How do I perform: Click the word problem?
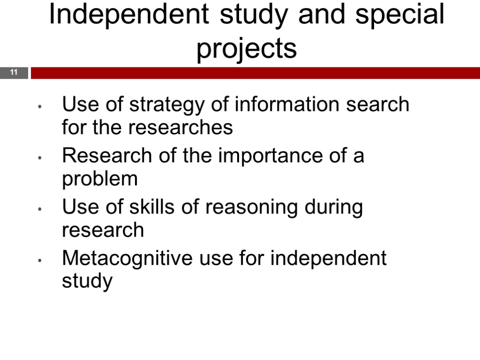(x=100, y=180)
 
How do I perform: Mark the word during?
(x=333, y=207)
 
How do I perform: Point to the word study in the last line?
(x=87, y=282)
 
